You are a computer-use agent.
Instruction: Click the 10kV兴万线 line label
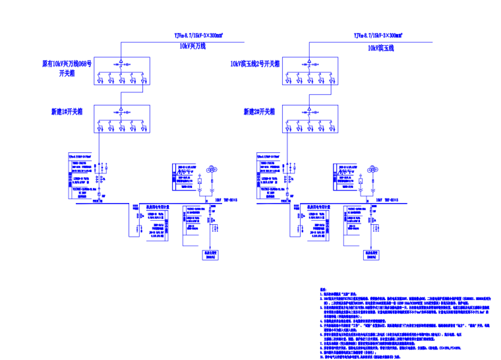pyautogui.click(x=192, y=47)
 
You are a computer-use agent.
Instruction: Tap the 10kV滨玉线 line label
pyautogui.click(x=381, y=47)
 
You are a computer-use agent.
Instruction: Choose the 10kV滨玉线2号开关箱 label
pyautogui.click(x=255, y=65)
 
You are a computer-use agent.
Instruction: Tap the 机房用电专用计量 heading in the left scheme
pyautogui.click(x=159, y=206)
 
